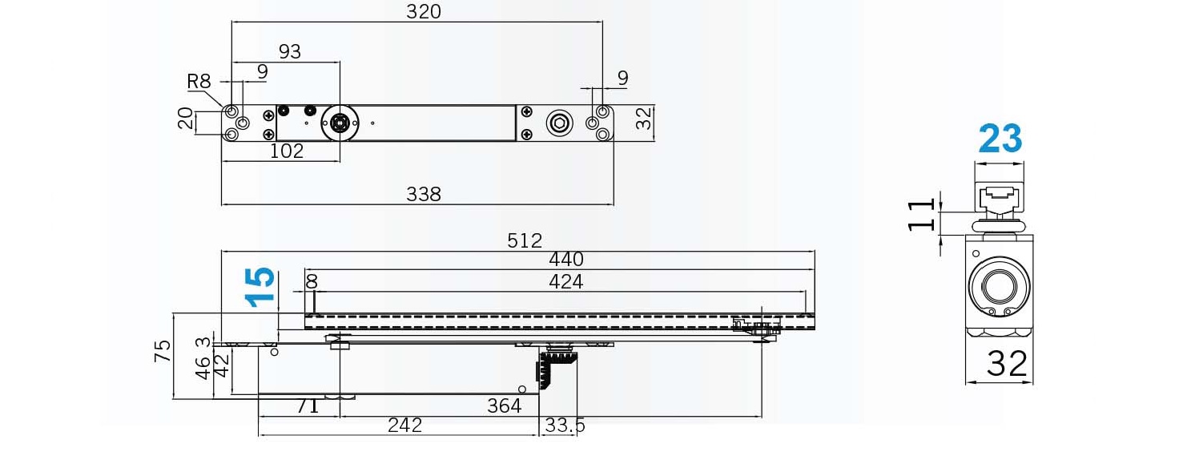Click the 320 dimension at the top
423,11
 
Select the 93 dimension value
290,51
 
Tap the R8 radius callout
199,81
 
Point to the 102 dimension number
286,151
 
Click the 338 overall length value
423,194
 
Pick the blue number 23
1000,139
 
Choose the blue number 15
260,287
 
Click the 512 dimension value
524,240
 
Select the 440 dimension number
566,260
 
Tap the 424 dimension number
566,281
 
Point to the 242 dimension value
405,425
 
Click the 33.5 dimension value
565,425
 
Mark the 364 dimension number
505,405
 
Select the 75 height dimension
163,351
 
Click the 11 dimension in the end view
921,215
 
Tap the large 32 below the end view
1007,364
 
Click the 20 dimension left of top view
185,119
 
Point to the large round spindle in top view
340,123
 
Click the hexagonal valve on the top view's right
560,123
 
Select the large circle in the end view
999,286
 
